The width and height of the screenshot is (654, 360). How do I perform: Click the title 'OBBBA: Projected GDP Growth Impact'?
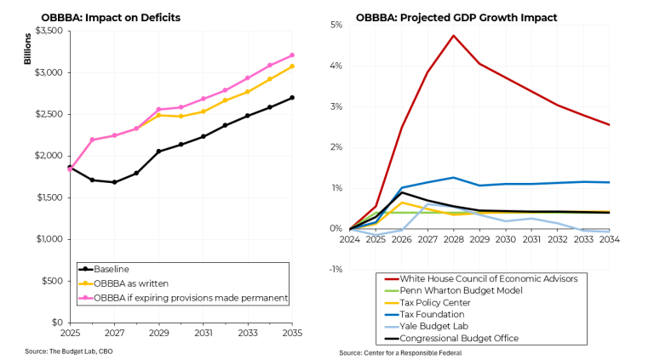(455, 17)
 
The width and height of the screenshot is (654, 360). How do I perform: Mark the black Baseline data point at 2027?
(114, 182)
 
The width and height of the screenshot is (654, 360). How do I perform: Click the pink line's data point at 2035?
(292, 55)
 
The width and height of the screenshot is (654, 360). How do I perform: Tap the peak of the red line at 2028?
(454, 36)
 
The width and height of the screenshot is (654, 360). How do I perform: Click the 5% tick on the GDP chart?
(336, 26)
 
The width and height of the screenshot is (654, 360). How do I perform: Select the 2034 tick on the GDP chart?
(609, 240)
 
